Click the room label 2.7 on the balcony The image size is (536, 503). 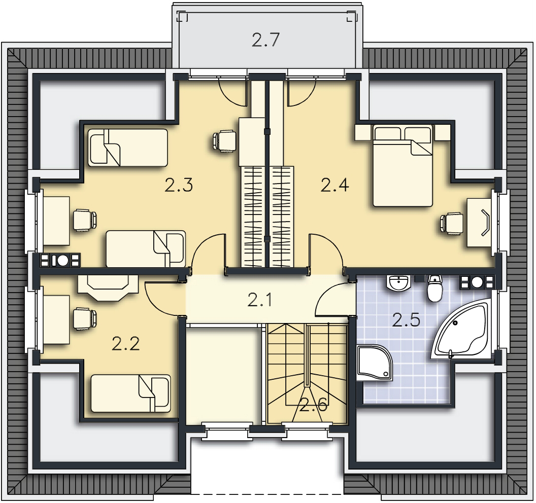(265, 40)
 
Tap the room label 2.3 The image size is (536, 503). (179, 185)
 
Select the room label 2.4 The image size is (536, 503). (334, 185)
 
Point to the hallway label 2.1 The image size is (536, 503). (259, 300)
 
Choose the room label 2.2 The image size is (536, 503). (126, 343)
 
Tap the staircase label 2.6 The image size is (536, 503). (314, 405)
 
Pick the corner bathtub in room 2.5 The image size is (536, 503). (461, 328)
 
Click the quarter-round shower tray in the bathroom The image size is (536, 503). (373, 363)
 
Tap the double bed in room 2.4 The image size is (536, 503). (403, 166)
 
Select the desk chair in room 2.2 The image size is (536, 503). (85, 318)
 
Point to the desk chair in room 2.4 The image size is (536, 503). (452, 224)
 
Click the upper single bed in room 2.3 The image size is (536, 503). (128, 148)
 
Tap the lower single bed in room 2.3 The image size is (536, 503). (146, 248)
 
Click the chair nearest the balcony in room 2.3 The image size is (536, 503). (224, 140)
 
